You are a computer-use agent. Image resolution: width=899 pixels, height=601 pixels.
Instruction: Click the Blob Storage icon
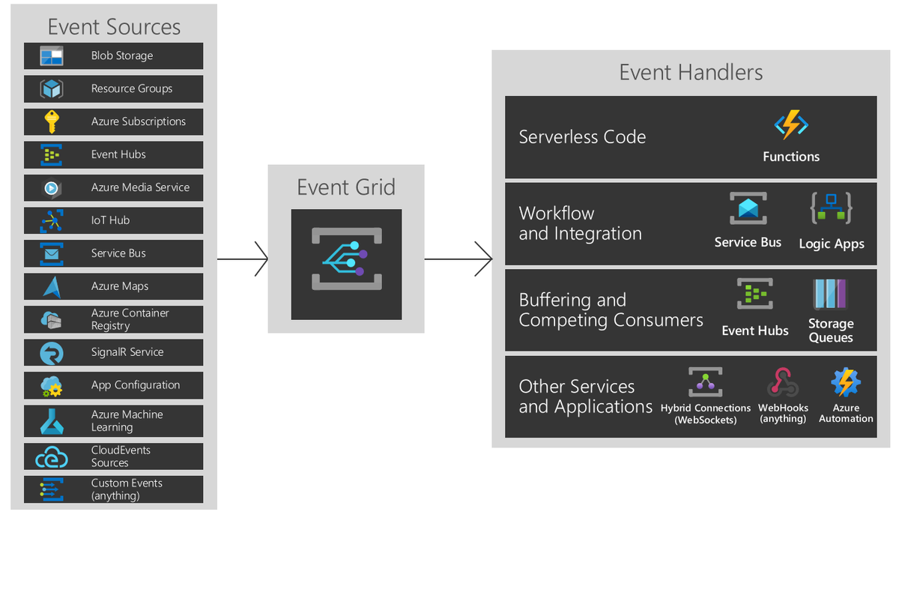[x=52, y=55]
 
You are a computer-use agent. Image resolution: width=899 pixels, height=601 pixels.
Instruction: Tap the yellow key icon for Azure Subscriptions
[x=52, y=121]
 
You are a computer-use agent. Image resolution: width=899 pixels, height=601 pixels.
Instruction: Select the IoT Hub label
[x=110, y=220]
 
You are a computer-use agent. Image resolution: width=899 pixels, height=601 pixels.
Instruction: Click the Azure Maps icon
[x=52, y=287]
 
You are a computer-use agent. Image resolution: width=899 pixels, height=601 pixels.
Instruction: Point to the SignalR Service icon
[x=52, y=353]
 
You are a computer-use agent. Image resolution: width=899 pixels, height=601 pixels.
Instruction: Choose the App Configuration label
[x=136, y=385]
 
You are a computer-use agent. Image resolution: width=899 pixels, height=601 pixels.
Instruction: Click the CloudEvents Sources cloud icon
[x=52, y=457]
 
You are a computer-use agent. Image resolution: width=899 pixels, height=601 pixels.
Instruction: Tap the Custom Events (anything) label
[x=127, y=489]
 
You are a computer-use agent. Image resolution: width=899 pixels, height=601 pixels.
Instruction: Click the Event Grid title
[x=346, y=187]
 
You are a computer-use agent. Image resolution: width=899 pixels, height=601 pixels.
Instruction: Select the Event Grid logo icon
[x=347, y=259]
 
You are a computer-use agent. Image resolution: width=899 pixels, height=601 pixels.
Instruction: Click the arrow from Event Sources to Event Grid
[x=243, y=259]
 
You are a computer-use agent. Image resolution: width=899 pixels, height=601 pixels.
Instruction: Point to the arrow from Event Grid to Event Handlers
[x=458, y=259]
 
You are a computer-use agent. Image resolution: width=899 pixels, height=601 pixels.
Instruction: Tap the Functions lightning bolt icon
[x=791, y=125]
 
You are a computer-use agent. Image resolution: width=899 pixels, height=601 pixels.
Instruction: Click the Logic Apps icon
[x=831, y=208]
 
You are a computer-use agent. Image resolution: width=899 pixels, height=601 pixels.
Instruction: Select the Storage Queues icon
[x=830, y=295]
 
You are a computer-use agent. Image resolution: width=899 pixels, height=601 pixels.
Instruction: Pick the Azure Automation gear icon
[x=846, y=381]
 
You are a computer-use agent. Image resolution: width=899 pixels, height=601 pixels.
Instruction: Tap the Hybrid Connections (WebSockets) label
[x=706, y=414]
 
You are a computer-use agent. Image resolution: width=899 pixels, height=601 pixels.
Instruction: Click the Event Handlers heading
[x=691, y=73]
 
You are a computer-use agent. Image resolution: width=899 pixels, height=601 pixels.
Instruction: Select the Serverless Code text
[x=582, y=137]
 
